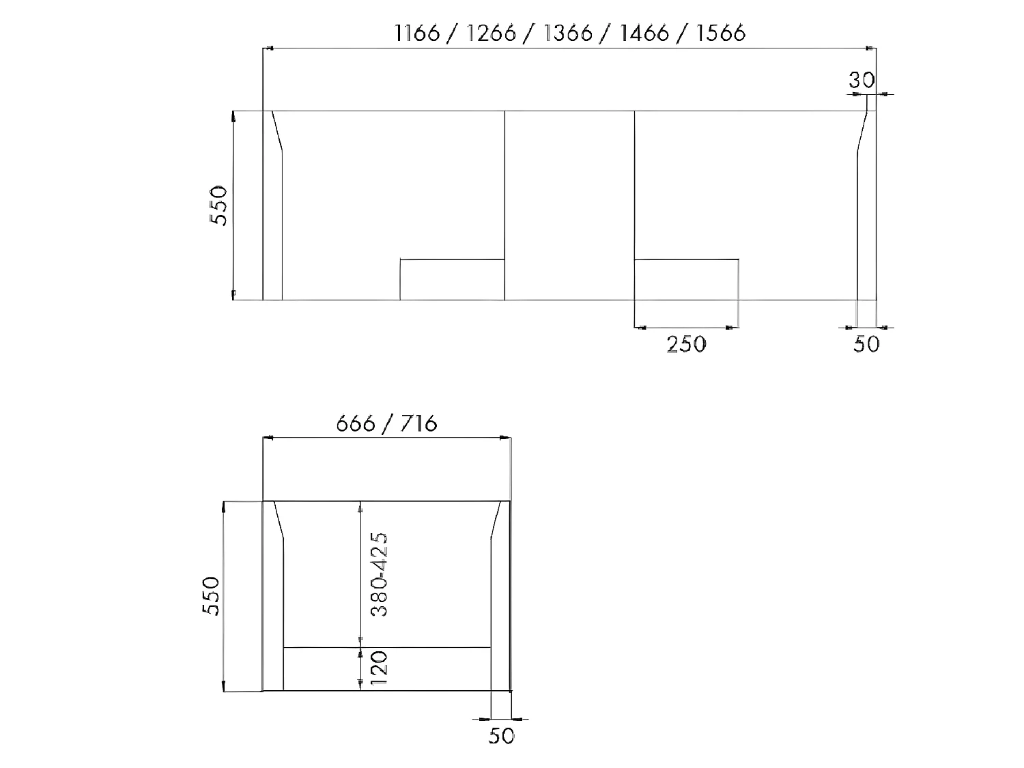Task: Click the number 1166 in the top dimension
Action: tap(417, 33)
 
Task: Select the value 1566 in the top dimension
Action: tap(721, 33)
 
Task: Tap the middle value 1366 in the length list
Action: tap(568, 33)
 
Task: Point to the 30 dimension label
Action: tap(862, 81)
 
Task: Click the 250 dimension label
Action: tap(686, 344)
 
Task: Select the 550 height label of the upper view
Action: tap(218, 205)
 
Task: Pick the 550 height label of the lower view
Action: tap(212, 596)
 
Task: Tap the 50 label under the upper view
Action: tap(866, 344)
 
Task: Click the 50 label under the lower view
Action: tap(501, 736)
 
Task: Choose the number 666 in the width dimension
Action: tap(356, 424)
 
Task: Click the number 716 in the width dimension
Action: tap(418, 424)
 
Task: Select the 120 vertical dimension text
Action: tap(380, 668)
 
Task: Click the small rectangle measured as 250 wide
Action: tap(686, 279)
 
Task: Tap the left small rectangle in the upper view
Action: tap(452, 279)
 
